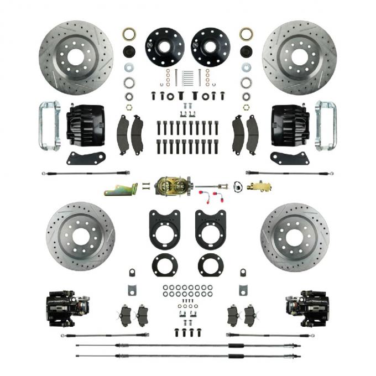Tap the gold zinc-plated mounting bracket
pyautogui.click(x=121, y=190)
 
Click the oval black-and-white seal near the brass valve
pyautogui.click(x=238, y=187)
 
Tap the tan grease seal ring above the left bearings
pyautogui.click(x=129, y=34)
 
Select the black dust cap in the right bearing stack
pyautogui.click(x=246, y=51)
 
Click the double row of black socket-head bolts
pyautogui.click(x=187, y=137)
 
